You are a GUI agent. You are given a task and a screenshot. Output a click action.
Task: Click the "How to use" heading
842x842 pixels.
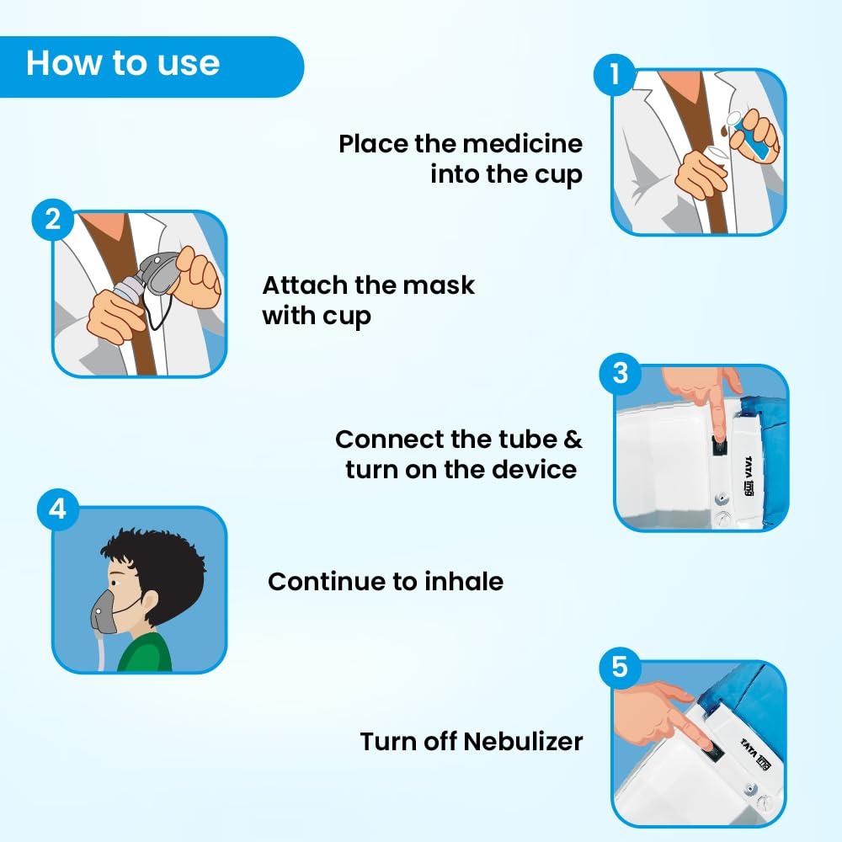point(123,63)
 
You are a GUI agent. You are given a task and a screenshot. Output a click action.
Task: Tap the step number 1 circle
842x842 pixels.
point(615,75)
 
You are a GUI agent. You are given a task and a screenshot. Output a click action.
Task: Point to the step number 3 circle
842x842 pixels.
point(621,372)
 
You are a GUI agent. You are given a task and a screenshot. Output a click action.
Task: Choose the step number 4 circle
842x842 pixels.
point(57,510)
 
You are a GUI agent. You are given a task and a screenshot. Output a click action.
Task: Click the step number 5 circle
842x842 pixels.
point(620,667)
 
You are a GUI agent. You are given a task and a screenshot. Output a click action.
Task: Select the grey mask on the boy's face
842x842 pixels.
point(106,610)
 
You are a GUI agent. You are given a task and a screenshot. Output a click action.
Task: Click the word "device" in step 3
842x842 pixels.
point(535,469)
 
